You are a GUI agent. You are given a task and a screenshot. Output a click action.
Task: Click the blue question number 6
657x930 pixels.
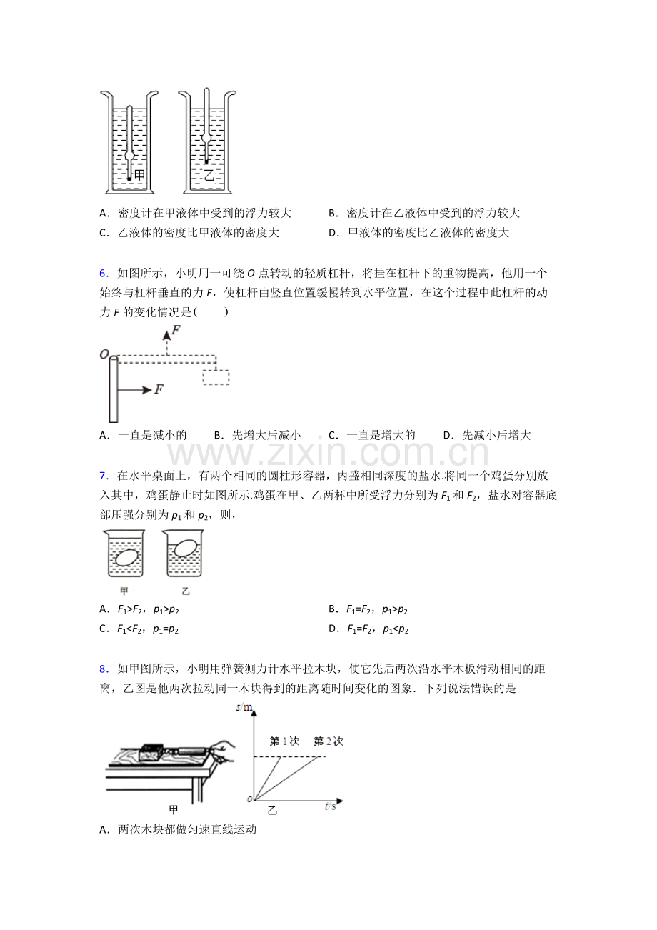103,274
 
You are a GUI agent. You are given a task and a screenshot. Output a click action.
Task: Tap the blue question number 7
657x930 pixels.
103,476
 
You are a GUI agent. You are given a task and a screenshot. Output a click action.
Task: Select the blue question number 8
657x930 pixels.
103,669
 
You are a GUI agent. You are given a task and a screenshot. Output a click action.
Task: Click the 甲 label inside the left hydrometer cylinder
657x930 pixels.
139,175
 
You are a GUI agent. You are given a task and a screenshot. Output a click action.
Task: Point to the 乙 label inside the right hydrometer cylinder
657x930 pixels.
209,174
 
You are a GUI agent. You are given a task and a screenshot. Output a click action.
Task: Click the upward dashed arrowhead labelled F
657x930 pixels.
166,335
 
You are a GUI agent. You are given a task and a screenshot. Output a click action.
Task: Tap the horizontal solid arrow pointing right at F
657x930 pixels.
134,390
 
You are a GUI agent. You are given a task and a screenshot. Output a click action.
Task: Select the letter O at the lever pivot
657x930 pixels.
104,354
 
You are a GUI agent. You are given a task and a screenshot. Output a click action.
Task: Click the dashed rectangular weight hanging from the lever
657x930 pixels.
216,377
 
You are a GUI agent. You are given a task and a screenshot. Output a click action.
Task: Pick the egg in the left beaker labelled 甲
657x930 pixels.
126,557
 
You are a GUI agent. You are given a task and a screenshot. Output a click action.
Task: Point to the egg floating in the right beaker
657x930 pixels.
185,548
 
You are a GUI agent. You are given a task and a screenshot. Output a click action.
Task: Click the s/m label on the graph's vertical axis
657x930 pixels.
244,707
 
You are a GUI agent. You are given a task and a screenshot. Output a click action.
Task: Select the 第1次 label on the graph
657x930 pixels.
284,741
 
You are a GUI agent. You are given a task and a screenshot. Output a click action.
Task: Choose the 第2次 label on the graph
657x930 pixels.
328,741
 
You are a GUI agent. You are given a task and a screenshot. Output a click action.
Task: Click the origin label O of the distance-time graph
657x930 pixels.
249,799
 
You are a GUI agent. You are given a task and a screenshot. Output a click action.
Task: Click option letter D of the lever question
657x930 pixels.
448,435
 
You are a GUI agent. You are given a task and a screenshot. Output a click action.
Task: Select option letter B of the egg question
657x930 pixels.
332,609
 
